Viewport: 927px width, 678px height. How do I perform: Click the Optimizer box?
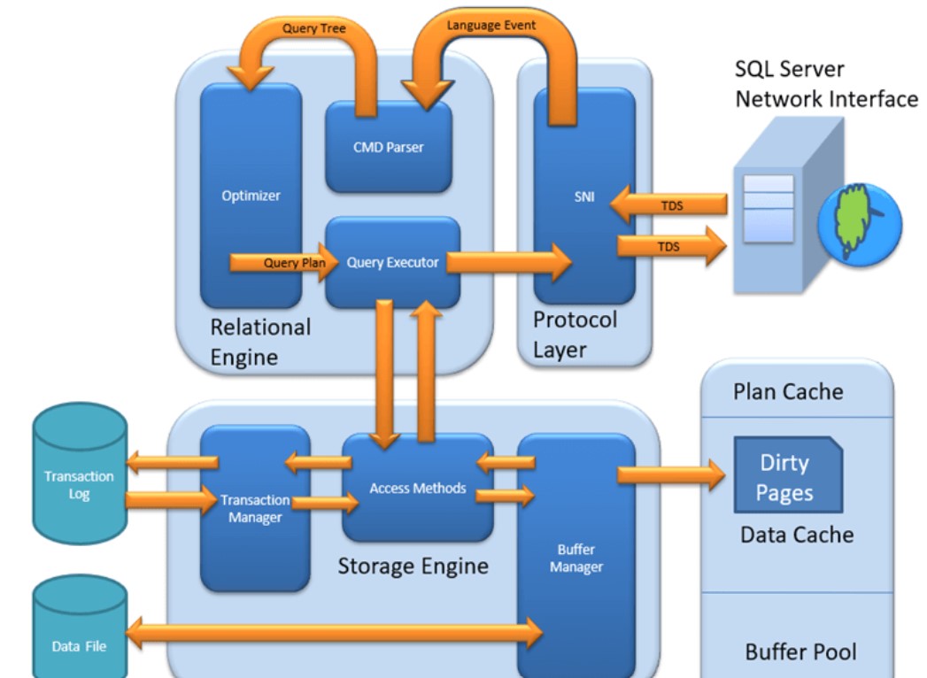coord(251,195)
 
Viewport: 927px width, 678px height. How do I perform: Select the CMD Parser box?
coord(388,147)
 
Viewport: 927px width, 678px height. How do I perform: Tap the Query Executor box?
coord(392,262)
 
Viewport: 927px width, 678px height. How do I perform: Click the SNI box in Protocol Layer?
coord(583,196)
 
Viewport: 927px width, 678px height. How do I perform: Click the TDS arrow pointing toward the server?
coord(671,246)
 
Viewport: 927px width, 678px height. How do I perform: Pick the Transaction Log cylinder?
coord(80,474)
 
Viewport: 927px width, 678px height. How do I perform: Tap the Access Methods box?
coord(417,488)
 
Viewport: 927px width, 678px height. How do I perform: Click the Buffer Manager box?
coord(576,558)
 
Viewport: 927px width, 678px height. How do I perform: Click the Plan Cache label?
coord(788,391)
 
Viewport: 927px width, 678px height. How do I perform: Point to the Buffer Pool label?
coord(800,652)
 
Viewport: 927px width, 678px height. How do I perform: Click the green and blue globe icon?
coord(859,222)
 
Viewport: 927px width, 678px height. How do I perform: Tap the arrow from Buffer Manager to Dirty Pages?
coord(670,474)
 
